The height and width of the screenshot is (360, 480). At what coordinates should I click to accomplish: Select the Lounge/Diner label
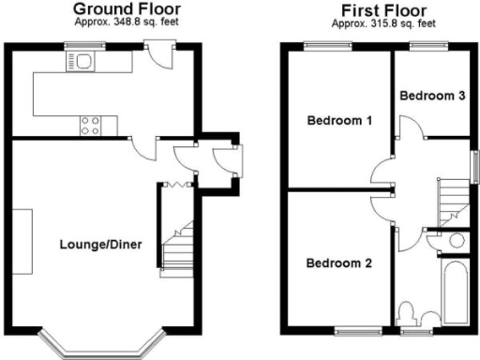coord(100,246)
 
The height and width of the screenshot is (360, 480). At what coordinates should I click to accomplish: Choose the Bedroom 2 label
coord(339,263)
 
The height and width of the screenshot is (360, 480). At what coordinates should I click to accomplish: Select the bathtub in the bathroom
coord(457,292)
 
